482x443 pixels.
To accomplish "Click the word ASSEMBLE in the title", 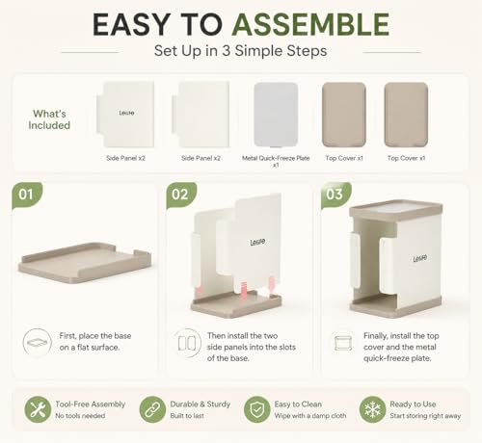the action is tap(310, 25).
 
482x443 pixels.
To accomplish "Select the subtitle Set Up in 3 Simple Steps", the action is tap(240, 51).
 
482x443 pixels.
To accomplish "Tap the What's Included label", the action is tap(49, 119).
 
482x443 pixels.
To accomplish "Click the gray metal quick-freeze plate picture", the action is tap(276, 115).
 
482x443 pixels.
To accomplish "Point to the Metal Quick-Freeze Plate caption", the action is tap(276, 161).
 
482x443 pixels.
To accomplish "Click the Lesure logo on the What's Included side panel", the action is tap(126, 113).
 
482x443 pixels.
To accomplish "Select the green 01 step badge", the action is tap(26, 195).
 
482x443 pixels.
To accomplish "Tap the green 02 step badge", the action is tap(180, 195).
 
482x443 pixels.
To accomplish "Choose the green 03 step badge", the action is tap(335, 195).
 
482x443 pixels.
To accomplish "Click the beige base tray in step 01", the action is tap(85, 263).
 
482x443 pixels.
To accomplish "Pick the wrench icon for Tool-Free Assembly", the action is tap(38, 409).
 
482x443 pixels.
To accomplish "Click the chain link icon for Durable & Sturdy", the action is tap(152, 409).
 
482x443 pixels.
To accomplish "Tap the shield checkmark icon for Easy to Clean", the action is tap(256, 409).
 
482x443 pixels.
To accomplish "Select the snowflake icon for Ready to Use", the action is tap(372, 409).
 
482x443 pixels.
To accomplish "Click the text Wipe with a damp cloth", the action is tap(310, 416).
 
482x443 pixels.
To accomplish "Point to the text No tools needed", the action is tap(80, 416).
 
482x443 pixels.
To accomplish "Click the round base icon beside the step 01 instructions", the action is tap(38, 343).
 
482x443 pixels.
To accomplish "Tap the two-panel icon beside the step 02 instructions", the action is tap(187, 343).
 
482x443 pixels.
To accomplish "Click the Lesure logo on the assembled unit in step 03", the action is tap(420, 258).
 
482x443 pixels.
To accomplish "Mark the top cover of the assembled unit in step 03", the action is tap(396, 210).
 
